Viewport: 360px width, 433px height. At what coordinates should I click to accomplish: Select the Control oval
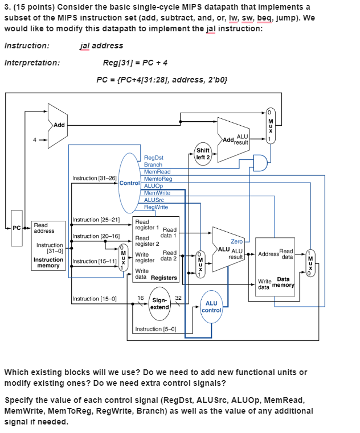click(129, 183)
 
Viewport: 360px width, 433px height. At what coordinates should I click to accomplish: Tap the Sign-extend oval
click(160, 303)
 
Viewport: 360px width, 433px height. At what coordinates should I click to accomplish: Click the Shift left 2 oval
click(203, 154)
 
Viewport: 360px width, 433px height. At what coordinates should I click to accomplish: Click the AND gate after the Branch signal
click(260, 162)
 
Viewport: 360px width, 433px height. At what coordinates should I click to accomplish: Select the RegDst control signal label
click(154, 158)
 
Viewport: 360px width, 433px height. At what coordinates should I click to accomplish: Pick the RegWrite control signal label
click(156, 207)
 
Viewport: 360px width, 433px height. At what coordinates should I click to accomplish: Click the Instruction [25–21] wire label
click(96, 219)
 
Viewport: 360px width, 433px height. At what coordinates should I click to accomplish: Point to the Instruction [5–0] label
click(155, 329)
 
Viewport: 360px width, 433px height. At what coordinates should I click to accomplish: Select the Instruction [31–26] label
click(95, 178)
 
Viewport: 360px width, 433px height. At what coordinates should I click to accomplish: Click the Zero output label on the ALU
click(236, 241)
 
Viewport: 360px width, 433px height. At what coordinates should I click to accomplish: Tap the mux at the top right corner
click(271, 125)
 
